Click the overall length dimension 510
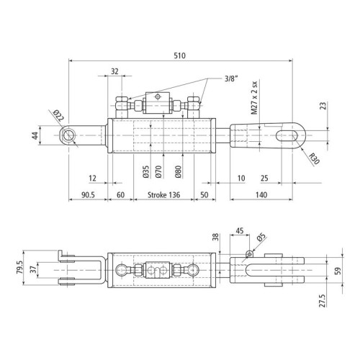click(x=179, y=55)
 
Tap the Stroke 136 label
click(x=163, y=194)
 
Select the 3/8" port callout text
click(x=231, y=78)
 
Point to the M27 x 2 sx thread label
click(x=254, y=97)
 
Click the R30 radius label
click(x=314, y=158)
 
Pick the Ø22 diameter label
click(x=58, y=115)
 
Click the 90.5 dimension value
click(x=88, y=195)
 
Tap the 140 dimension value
click(x=261, y=194)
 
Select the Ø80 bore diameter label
click(x=178, y=171)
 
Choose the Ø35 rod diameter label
click(x=145, y=171)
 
